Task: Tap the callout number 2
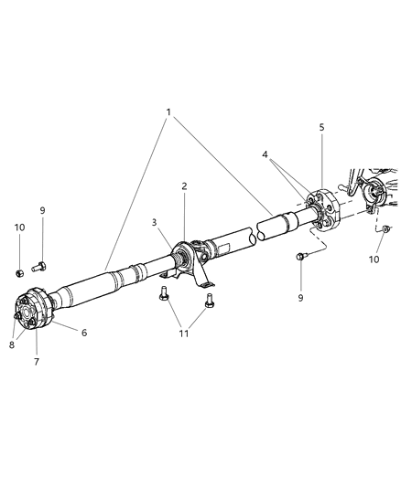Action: point(184,185)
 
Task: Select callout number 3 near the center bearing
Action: point(155,222)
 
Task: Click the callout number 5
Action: point(321,129)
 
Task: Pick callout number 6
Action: point(84,333)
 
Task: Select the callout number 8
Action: point(12,344)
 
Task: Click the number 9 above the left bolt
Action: point(42,212)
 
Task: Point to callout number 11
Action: point(183,333)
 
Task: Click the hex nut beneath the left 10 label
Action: point(19,271)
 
